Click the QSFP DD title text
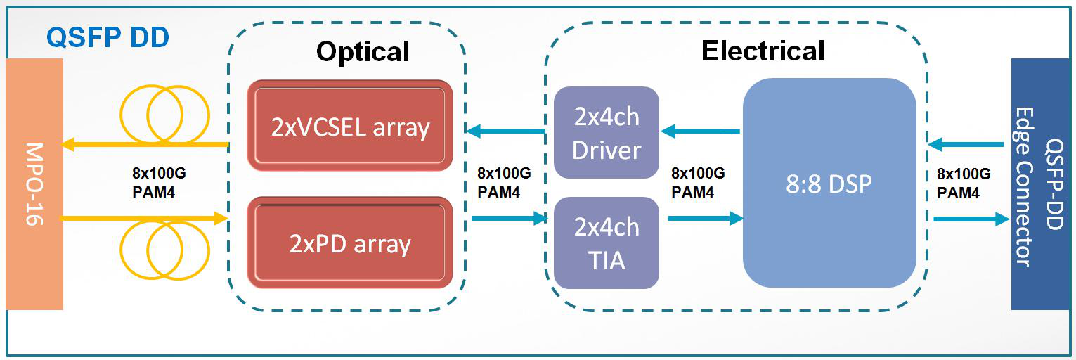point(108,37)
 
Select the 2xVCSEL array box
point(350,125)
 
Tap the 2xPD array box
point(350,243)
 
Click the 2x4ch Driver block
point(607,133)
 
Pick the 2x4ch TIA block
point(607,243)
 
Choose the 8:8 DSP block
point(829,183)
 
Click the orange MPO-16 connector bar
point(34,184)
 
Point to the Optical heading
point(363,51)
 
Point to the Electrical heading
point(763,51)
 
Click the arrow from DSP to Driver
point(701,131)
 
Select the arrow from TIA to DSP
point(706,218)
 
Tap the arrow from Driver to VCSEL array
point(505,131)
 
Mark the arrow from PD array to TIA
point(510,218)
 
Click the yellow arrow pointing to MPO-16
point(145,143)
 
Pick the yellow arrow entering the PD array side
point(143,219)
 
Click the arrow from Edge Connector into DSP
point(966,143)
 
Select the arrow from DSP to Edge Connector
point(972,219)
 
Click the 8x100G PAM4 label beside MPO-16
point(159,183)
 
